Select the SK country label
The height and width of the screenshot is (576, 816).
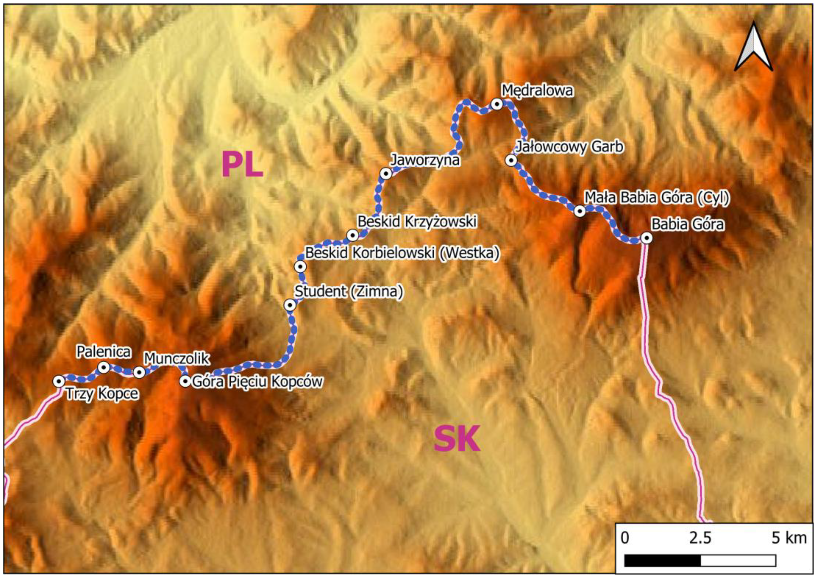(457, 440)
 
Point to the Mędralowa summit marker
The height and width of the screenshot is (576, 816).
(497, 104)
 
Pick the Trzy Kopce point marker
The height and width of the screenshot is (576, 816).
(59, 381)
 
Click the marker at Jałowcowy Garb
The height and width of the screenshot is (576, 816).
(511, 160)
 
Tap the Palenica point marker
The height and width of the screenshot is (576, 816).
(104, 367)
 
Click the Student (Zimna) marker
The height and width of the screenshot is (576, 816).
(290, 305)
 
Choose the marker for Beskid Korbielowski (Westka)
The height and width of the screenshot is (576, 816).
(300, 266)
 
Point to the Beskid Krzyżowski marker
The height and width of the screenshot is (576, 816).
(353, 235)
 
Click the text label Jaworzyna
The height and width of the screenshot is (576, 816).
(425, 160)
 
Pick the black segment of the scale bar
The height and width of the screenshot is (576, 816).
(662, 561)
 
